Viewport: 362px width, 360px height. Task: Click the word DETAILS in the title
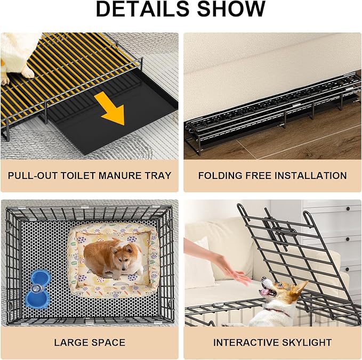pos(142,9)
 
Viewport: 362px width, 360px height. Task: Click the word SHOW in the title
pos(231,9)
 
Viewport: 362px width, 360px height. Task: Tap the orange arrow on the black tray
pos(110,108)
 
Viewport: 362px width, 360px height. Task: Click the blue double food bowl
pos(38,289)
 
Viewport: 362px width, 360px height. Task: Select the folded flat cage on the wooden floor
pos(273,113)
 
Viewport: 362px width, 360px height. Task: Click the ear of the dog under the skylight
pos(301,288)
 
